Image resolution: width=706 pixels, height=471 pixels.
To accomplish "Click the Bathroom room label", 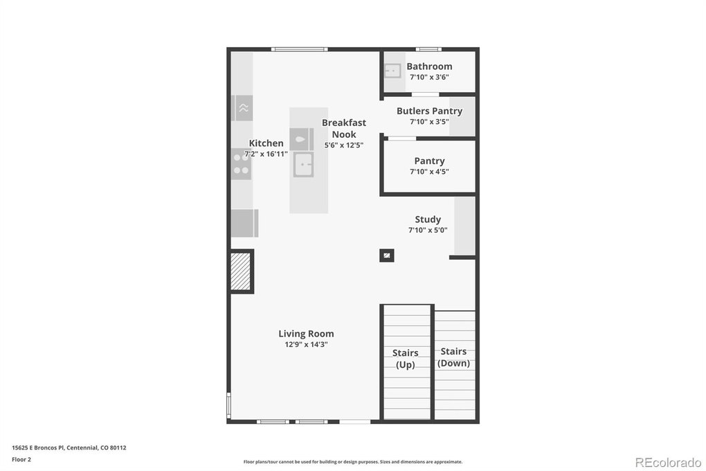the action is tap(429, 66).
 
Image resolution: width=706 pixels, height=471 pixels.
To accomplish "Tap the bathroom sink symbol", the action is tap(392, 71).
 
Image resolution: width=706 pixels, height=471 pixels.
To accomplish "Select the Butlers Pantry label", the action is tap(429, 111).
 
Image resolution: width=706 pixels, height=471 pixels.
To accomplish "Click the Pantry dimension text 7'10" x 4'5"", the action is tap(429, 171).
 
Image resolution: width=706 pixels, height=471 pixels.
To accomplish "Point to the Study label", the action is tap(428, 220).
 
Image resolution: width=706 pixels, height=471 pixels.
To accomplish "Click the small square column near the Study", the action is tap(387, 256).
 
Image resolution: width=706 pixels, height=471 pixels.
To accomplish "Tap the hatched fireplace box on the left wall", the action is tap(241, 272).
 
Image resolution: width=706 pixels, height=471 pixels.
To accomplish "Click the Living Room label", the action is tap(306, 334).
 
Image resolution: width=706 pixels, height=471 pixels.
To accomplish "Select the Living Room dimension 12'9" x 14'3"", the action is tap(306, 344).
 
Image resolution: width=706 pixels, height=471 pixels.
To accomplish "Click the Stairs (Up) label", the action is tap(405, 359).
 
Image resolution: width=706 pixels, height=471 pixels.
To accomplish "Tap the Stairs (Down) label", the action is tap(453, 357).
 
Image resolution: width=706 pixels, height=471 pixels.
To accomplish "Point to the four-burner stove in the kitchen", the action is tap(242, 164).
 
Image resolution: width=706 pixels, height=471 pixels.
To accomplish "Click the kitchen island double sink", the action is tap(303, 165).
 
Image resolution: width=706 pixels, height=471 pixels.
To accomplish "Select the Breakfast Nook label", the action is tap(344, 128).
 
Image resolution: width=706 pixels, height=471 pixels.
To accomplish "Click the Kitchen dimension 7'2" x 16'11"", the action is tap(266, 154).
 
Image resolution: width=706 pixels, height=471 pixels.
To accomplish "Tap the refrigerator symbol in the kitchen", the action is tap(244, 223).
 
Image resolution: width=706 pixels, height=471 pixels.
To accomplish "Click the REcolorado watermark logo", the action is tap(668, 463).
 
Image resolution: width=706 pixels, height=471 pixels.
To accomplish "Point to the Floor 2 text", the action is tap(21, 460).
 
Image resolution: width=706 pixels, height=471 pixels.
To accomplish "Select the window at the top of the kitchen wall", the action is tap(300, 49).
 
